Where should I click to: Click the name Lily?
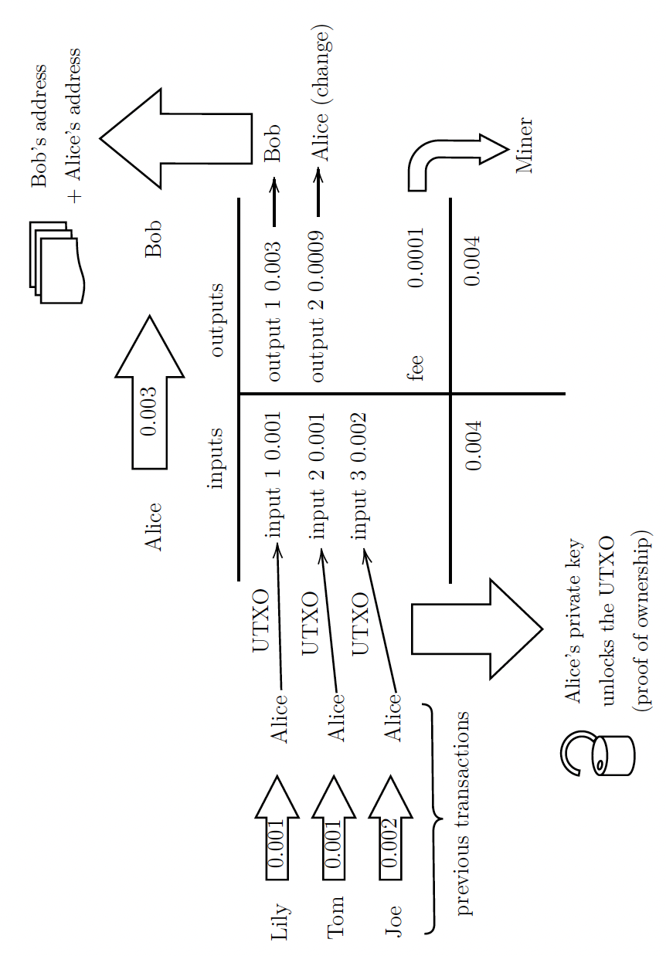(x=280, y=922)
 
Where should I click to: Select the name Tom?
(x=337, y=917)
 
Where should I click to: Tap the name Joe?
(x=394, y=920)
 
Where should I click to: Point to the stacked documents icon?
(x=57, y=263)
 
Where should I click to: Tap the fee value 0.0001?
(x=416, y=257)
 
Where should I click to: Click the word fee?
(x=416, y=367)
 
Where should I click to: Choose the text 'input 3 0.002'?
(x=359, y=475)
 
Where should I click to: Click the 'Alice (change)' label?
(x=320, y=94)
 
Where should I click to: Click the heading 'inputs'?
(x=216, y=459)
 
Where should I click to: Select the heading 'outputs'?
(x=216, y=320)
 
